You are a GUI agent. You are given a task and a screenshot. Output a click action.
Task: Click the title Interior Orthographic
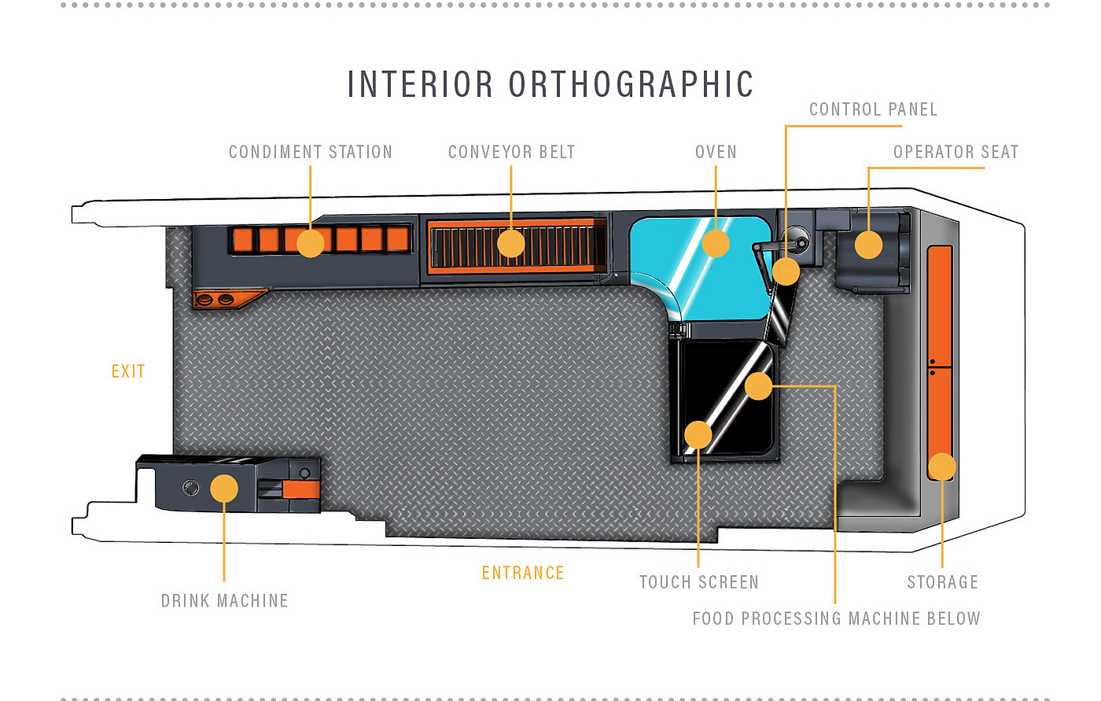pyautogui.click(x=550, y=85)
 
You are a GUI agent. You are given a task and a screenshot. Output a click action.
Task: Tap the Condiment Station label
pyautogui.click(x=311, y=152)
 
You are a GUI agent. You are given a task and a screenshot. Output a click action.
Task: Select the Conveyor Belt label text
pyautogui.click(x=512, y=152)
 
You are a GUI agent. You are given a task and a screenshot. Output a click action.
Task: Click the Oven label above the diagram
pyautogui.click(x=716, y=152)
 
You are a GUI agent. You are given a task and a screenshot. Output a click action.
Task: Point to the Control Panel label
pyautogui.click(x=874, y=109)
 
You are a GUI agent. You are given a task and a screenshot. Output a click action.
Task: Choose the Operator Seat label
pyautogui.click(x=956, y=152)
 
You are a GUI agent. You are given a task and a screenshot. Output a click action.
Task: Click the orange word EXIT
pyautogui.click(x=128, y=371)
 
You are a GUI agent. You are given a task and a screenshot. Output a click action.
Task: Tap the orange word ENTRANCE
pyautogui.click(x=523, y=573)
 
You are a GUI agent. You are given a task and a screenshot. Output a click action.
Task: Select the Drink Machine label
pyautogui.click(x=225, y=601)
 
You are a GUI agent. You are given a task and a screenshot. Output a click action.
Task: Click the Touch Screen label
pyautogui.click(x=699, y=582)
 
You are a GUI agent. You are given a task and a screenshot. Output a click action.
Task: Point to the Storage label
pyautogui.click(x=943, y=582)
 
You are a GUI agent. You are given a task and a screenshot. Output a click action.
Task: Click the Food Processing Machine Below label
pyautogui.click(x=837, y=618)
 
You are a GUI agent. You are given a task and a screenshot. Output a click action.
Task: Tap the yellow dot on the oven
pyautogui.click(x=716, y=244)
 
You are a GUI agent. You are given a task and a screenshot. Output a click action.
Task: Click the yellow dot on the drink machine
pyautogui.click(x=224, y=489)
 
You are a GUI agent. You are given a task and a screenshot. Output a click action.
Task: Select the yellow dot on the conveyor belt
pyautogui.click(x=511, y=244)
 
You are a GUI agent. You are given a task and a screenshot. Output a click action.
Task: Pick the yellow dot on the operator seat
pyautogui.click(x=868, y=245)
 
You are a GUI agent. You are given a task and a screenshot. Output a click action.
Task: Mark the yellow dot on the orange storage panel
pyautogui.click(x=941, y=467)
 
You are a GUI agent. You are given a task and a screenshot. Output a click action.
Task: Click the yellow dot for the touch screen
pyautogui.click(x=698, y=434)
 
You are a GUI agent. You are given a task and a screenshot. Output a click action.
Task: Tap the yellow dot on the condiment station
pyautogui.click(x=311, y=244)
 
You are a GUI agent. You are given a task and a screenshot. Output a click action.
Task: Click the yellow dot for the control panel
pyautogui.click(x=786, y=271)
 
